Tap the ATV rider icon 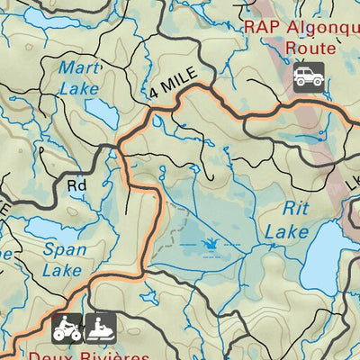click(67, 329)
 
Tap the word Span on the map click(62, 249)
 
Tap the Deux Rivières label click(87, 355)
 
